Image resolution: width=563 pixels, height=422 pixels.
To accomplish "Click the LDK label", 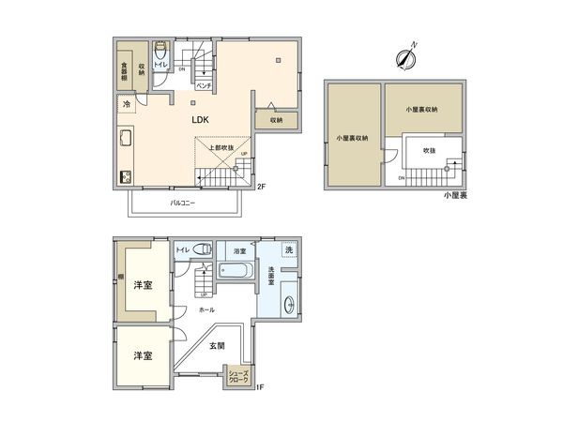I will pos(200,121).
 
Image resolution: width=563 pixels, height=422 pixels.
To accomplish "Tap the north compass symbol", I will pos(406,56).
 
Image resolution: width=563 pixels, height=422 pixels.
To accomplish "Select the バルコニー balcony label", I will pos(182,203).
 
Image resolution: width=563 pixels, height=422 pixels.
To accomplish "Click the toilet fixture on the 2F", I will pos(160,53).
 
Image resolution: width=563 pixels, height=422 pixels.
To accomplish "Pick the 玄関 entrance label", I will pos(216,346).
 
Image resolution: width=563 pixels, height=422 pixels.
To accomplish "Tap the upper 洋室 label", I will pos(143,283).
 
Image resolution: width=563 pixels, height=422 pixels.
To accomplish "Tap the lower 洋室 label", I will pos(143,356).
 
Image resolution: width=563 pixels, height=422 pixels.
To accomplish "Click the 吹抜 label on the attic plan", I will pos(430,150).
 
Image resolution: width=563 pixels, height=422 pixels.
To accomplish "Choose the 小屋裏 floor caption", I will pos(456,196).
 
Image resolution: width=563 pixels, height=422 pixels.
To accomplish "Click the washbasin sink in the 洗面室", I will pos(289,303).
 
